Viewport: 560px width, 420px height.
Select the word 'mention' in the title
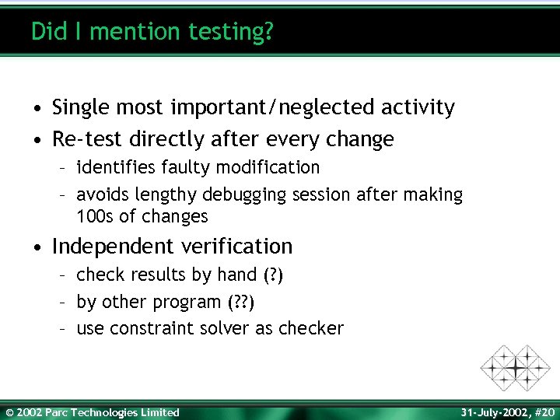pyautogui.click(x=125, y=31)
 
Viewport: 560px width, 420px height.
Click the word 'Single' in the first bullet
pyautogui.click(x=83, y=107)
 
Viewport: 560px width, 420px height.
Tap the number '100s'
pyautogui.click(x=95, y=216)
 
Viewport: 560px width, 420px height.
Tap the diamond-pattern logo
pyautogui.click(x=515, y=367)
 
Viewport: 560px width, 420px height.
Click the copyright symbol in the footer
pyautogui.click(x=9, y=412)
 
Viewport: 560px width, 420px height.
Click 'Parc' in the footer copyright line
pyautogui.click(x=56, y=412)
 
